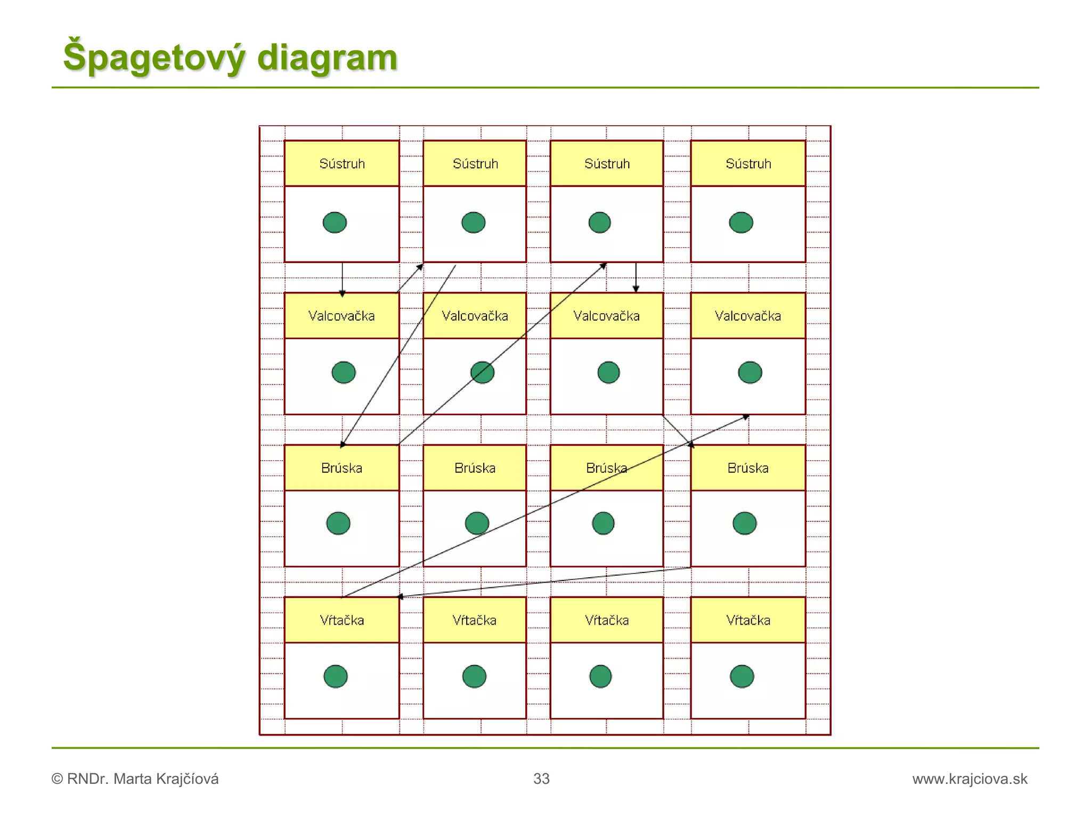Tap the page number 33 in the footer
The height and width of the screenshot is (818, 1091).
(541, 779)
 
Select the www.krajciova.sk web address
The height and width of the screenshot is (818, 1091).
(970, 779)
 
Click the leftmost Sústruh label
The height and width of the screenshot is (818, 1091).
(342, 163)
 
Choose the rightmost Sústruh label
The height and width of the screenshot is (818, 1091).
(748, 163)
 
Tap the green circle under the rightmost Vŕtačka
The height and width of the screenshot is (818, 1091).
(742, 676)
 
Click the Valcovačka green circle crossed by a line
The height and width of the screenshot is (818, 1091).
(482, 372)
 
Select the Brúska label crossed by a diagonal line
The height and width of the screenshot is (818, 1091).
(606, 468)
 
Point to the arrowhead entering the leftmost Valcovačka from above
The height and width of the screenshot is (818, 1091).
(342, 293)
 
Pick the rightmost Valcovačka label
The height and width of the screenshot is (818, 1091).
(748, 316)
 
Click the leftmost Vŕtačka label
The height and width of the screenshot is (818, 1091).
(342, 620)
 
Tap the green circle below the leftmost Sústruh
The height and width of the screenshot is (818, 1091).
(335, 222)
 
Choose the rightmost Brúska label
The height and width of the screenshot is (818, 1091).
(748, 468)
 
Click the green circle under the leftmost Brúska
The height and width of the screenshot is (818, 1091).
(338, 523)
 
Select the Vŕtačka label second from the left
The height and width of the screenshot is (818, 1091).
(474, 620)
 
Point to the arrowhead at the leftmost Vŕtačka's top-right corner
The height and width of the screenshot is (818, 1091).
(401, 596)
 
